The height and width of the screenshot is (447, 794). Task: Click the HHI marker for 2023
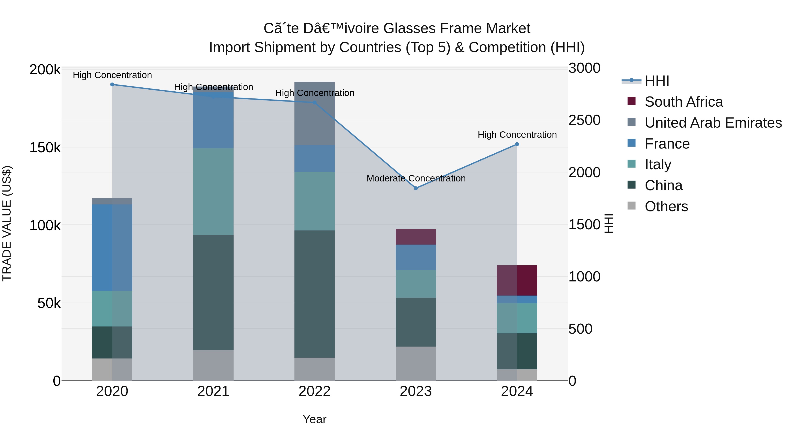tap(416, 188)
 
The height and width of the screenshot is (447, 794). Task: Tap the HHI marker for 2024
tap(517, 144)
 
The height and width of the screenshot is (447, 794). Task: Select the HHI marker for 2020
tap(112, 85)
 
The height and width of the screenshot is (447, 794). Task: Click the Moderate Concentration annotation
tap(416, 178)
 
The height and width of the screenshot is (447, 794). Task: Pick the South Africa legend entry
tap(683, 102)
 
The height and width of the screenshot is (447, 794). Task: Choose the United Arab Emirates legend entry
tap(713, 123)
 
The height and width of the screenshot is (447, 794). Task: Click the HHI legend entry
tap(657, 81)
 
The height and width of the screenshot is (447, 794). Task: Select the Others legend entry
tap(666, 206)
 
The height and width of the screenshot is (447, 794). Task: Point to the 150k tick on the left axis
tap(45, 148)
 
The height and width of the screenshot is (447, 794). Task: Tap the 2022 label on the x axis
tap(314, 391)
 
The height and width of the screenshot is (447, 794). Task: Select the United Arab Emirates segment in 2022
tap(314, 113)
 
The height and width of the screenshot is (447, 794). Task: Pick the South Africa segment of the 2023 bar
tap(416, 237)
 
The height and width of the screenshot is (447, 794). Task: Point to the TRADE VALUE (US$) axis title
tap(7, 223)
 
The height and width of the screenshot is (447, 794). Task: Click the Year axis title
tap(314, 419)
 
